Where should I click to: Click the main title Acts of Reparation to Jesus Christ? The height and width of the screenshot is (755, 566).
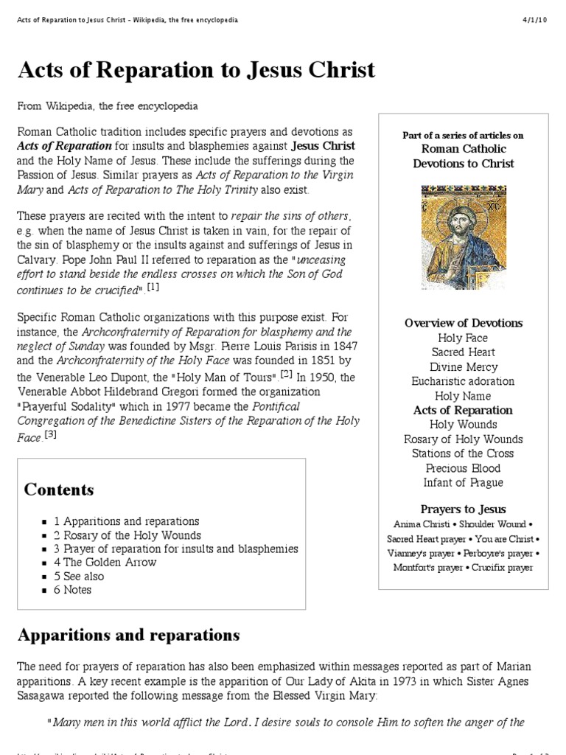coord(197,71)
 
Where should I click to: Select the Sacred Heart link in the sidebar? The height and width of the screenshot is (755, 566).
coord(464,352)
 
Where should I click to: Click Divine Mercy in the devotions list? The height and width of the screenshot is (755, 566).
coord(464,367)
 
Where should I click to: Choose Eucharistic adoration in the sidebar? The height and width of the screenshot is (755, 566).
coord(464,381)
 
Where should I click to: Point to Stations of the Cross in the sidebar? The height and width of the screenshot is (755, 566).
coord(464,453)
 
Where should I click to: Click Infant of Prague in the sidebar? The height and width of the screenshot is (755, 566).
coord(464,483)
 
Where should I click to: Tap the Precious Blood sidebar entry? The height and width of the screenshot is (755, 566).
coord(464,468)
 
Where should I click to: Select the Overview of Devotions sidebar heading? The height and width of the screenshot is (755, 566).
coord(464,323)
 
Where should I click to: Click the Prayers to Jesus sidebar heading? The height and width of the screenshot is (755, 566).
coord(464,509)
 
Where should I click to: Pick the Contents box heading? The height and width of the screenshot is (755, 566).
coord(59,490)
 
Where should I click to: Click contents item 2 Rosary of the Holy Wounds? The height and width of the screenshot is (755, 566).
coord(127,535)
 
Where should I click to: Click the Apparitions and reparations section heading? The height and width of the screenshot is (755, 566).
coord(128,635)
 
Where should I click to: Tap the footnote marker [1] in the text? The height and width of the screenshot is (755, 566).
coord(153,288)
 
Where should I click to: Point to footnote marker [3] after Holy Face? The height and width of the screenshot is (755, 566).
coord(50,434)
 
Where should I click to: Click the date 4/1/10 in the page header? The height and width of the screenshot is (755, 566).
coord(536,18)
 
